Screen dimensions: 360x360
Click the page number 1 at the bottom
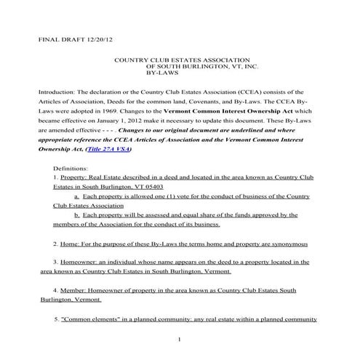[x=179, y=340]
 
